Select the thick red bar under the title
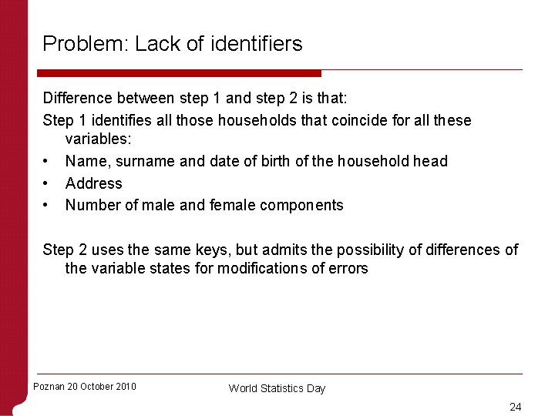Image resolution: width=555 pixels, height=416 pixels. (x=179, y=73)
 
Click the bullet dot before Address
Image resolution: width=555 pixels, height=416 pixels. (x=47, y=183)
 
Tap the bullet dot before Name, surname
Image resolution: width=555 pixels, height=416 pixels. (x=47, y=161)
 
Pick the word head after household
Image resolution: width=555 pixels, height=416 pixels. (x=430, y=161)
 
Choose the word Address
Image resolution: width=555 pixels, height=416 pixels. (x=93, y=183)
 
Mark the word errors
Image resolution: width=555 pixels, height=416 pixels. (x=348, y=269)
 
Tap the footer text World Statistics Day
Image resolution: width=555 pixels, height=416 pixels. (x=277, y=388)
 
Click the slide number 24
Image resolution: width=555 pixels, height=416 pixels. (x=515, y=407)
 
